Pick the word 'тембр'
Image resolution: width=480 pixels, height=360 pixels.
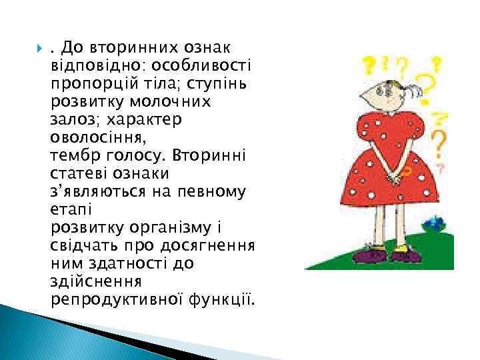click(x=71, y=155)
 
